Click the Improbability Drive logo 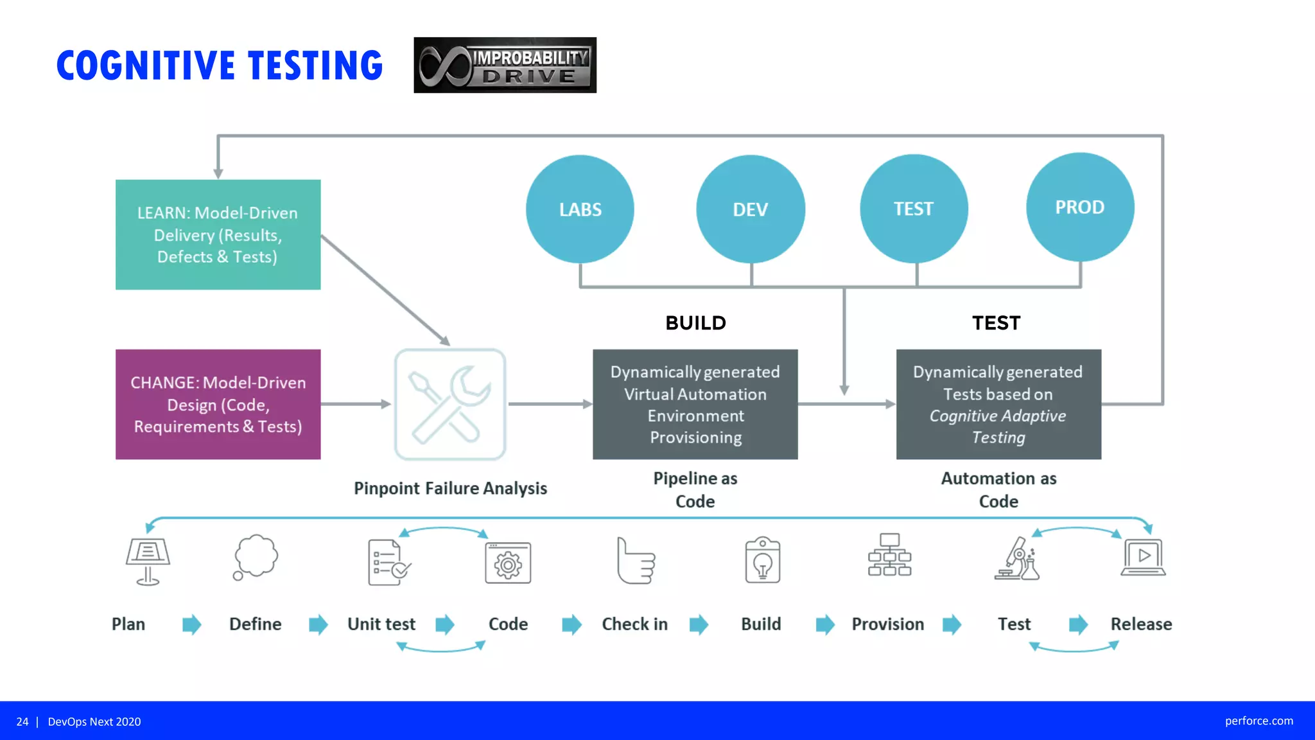click(505, 65)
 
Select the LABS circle click(580, 209)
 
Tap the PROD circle click(1080, 207)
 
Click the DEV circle click(750, 209)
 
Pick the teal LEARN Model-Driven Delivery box click(218, 234)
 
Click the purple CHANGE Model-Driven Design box click(218, 404)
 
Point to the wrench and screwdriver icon click(450, 404)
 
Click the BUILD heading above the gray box click(695, 322)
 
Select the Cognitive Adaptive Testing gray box click(998, 404)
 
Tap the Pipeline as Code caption click(695, 489)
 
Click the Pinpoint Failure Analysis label click(450, 488)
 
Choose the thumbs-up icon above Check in click(635, 561)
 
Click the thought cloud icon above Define click(255, 557)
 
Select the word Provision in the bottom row click(887, 624)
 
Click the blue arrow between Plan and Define click(191, 624)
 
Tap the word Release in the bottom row click(1141, 624)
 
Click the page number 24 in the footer click(22, 721)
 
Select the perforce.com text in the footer click(1258, 721)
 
